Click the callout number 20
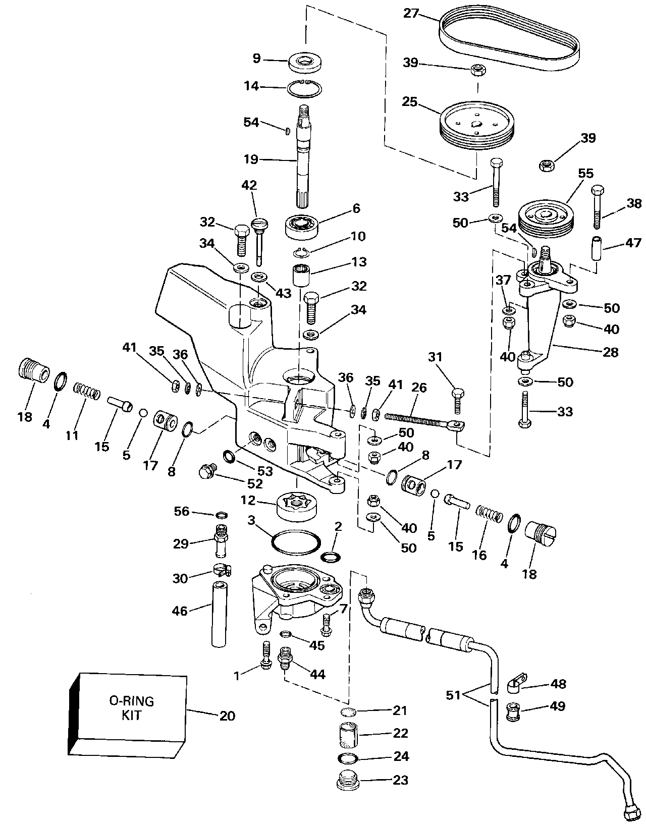tap(227, 716)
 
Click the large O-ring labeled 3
tap(296, 542)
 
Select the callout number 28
tap(610, 352)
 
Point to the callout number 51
tap(454, 695)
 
